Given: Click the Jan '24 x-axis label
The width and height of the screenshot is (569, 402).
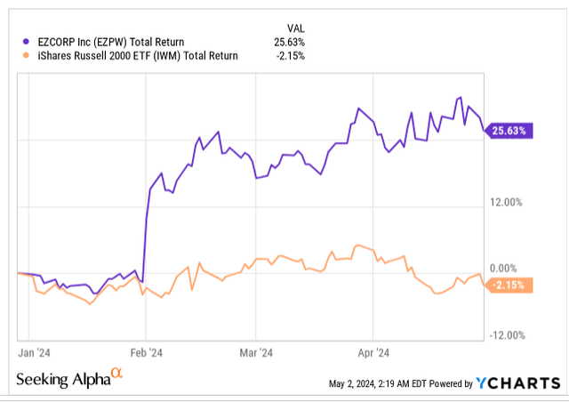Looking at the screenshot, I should [34, 351].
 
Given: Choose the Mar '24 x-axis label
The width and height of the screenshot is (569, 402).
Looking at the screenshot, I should [257, 351].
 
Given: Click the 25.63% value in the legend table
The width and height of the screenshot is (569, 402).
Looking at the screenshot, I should [289, 41].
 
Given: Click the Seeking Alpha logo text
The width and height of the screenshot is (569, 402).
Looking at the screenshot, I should [60, 379].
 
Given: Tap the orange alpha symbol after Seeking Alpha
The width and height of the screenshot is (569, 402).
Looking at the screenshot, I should [116, 375].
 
